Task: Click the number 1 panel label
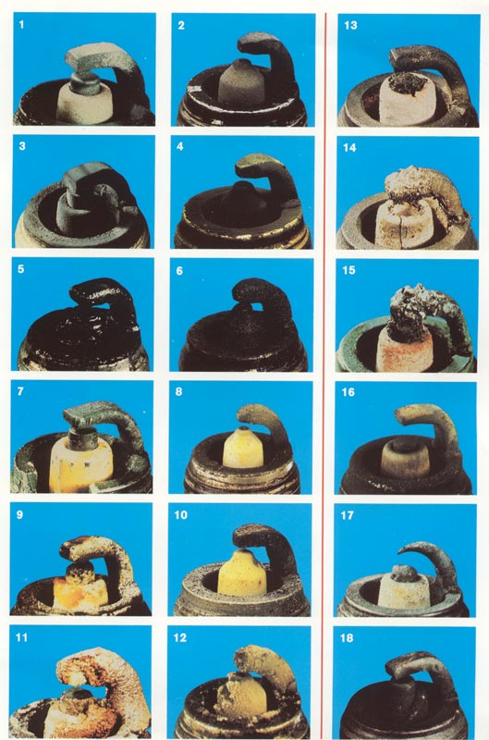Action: [x=21, y=24]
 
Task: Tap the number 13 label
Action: [x=351, y=25]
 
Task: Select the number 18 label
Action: [x=346, y=638]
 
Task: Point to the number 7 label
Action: [x=19, y=391]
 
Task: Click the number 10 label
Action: [x=180, y=514]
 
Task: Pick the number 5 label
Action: [x=20, y=269]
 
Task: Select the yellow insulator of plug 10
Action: [x=242, y=573]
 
